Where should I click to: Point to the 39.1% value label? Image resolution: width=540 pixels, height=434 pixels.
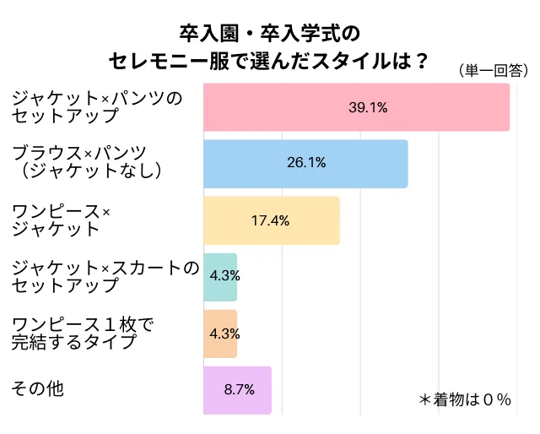[x=368, y=107]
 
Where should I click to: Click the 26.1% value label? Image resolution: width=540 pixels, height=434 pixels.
[x=306, y=164]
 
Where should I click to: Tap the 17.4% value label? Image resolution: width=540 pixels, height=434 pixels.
[x=271, y=220]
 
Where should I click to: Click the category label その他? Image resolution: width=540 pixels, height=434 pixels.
[x=38, y=388]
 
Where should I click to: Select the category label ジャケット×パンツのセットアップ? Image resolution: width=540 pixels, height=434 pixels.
[x=97, y=107]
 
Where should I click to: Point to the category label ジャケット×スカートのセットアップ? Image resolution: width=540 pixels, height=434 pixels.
[x=105, y=276]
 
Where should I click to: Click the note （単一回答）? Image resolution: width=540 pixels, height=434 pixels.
[x=494, y=71]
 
